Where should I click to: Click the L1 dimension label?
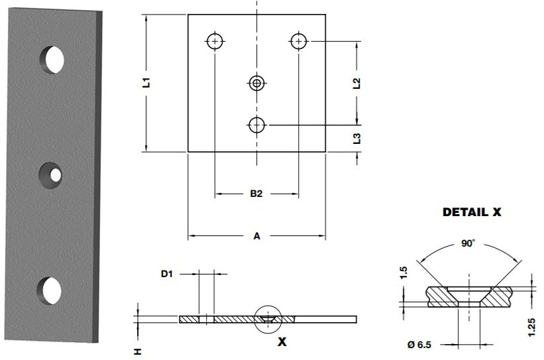148,83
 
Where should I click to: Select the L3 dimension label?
357,138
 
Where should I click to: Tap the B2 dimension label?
256,194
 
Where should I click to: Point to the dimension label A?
256,235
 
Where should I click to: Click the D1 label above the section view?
168,273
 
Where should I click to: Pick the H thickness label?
138,351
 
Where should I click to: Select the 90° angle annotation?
468,244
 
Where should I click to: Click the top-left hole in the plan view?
215,41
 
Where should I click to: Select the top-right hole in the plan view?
299,41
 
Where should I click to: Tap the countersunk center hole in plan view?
256,83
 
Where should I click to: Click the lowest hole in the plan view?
256,124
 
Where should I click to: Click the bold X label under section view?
281,342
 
